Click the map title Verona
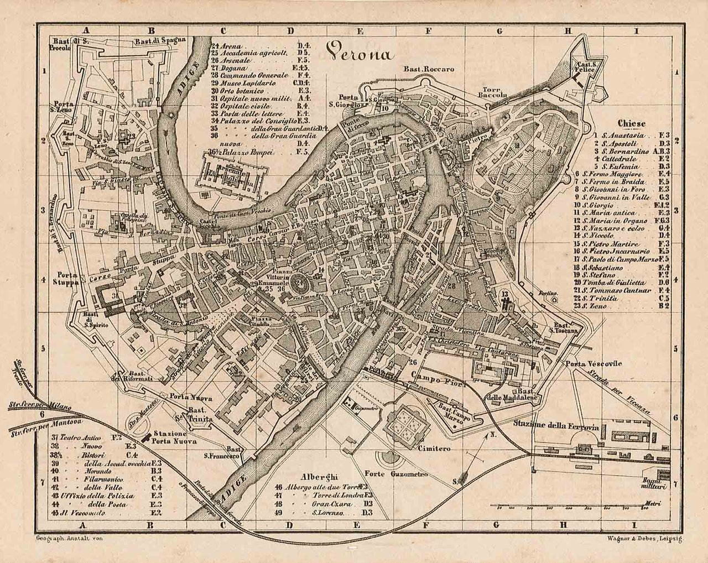tap(359, 53)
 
